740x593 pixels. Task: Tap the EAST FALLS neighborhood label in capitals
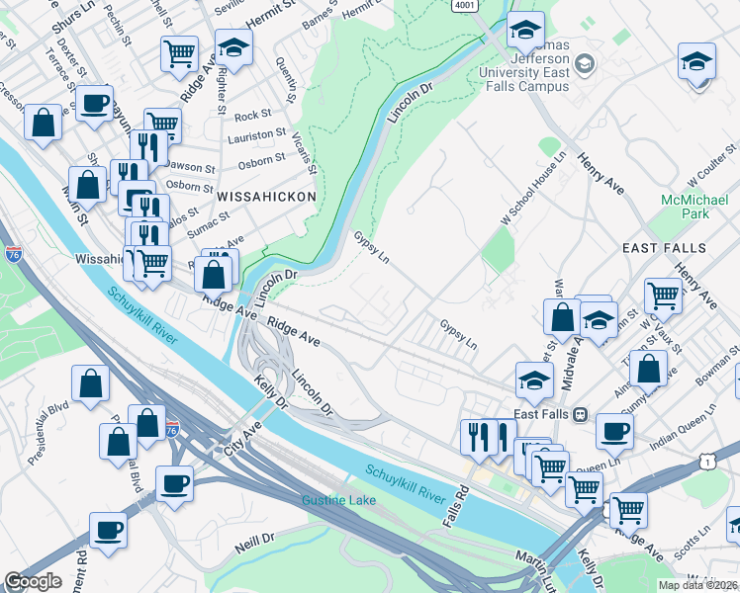tap(664, 247)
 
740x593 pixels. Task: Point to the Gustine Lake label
tap(338, 500)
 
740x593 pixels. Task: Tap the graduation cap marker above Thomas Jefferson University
tap(525, 31)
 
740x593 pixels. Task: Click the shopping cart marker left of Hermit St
tap(179, 53)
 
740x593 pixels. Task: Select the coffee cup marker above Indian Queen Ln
tap(614, 432)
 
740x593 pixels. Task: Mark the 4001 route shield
tap(463, 6)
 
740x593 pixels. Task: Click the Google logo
tap(33, 581)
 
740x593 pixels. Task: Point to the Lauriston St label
tap(260, 131)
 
